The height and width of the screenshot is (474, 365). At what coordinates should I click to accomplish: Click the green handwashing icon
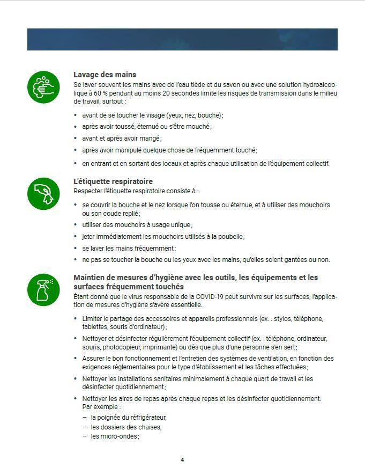(x=43, y=86)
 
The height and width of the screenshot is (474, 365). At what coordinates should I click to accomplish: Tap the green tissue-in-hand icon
(x=43, y=193)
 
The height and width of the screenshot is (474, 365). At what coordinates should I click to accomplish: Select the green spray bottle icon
(x=43, y=290)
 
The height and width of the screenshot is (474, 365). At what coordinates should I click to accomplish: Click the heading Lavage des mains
(x=105, y=75)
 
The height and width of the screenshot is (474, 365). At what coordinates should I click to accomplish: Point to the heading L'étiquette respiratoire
(x=113, y=181)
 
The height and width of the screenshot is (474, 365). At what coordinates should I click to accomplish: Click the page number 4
(x=182, y=460)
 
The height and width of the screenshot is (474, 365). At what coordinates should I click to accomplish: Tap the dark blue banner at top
(x=182, y=39)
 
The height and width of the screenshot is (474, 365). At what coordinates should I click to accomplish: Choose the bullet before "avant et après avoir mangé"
(x=76, y=139)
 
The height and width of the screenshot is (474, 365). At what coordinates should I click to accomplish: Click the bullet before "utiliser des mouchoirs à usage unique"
(x=76, y=225)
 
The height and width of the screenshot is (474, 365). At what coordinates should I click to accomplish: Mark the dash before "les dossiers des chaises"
(x=85, y=427)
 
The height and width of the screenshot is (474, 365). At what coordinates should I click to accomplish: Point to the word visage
(x=153, y=115)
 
